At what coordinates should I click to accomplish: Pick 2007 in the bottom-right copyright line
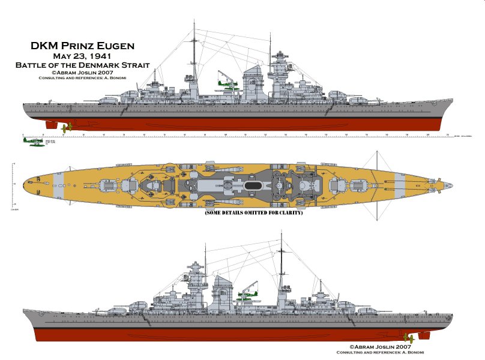(x=401, y=346)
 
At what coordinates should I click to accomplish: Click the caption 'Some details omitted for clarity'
(x=253, y=212)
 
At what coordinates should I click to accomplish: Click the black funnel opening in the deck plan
(x=256, y=179)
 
